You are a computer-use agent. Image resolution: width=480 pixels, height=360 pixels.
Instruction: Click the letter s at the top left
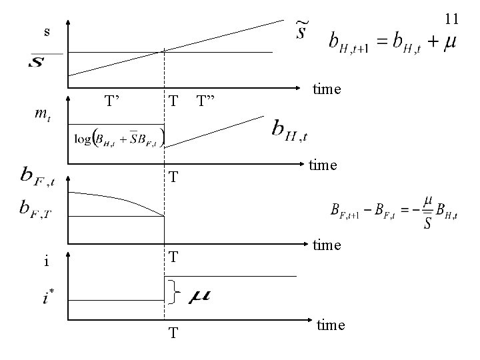click(x=46, y=32)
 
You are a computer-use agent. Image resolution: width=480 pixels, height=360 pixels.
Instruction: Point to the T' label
click(x=112, y=101)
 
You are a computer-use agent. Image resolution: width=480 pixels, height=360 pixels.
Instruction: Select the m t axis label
click(x=41, y=114)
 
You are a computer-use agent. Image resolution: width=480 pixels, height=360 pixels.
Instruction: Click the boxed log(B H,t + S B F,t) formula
click(x=121, y=139)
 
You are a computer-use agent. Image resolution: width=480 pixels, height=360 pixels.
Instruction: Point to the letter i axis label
click(x=45, y=261)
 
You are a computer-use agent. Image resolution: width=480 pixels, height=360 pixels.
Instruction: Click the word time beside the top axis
click(x=328, y=89)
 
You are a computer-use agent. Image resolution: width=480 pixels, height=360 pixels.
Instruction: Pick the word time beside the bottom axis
click(x=331, y=325)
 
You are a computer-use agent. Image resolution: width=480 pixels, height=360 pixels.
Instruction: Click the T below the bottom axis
click(x=173, y=332)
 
